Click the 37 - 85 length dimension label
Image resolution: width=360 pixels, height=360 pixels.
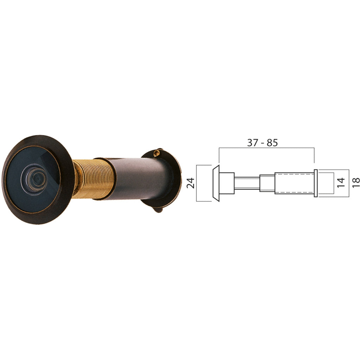(x=262, y=143)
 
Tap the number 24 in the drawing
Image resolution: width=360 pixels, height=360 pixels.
(x=191, y=183)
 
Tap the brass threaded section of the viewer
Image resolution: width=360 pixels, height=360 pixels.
(x=94, y=179)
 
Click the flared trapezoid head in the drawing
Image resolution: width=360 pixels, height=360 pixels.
(x=216, y=183)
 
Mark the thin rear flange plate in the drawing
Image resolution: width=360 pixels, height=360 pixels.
(x=315, y=183)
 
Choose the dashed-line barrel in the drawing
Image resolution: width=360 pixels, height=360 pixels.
(x=294, y=183)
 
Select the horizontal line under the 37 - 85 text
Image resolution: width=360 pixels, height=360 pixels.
(x=266, y=148)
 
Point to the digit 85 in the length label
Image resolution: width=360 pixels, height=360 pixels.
(x=272, y=143)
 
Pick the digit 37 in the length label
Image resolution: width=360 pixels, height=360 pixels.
(x=252, y=143)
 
